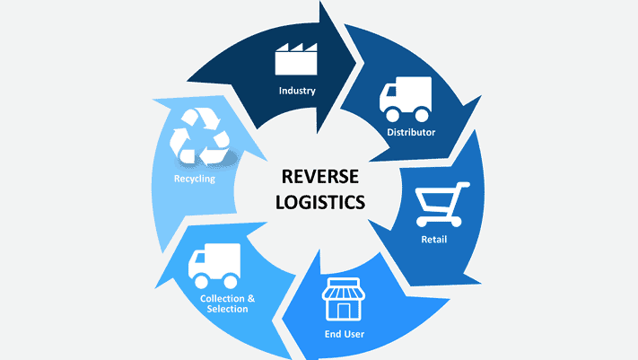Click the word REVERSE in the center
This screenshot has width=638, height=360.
tap(320, 177)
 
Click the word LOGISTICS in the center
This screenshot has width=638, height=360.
tap(320, 202)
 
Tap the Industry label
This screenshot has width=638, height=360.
tap(297, 91)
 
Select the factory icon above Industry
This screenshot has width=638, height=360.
tap(296, 59)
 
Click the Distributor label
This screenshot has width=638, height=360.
tap(411, 132)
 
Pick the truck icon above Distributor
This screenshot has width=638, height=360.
tap(406, 99)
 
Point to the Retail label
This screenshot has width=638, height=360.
tap(433, 240)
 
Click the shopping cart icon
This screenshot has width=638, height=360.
tap(441, 205)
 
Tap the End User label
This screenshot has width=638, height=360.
tap(345, 334)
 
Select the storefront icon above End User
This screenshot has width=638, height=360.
tap(343, 299)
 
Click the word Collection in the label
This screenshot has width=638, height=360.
tap(222, 299)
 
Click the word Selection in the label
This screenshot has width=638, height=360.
tap(227, 309)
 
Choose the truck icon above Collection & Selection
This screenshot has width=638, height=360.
tap(214, 266)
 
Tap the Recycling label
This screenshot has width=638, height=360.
tap(195, 179)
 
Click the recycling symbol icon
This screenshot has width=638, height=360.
tap(200, 136)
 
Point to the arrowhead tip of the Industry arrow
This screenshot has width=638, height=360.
tap(356, 63)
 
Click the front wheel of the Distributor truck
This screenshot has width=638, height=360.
tap(393, 114)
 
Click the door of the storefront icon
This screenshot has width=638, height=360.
tap(343, 312)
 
